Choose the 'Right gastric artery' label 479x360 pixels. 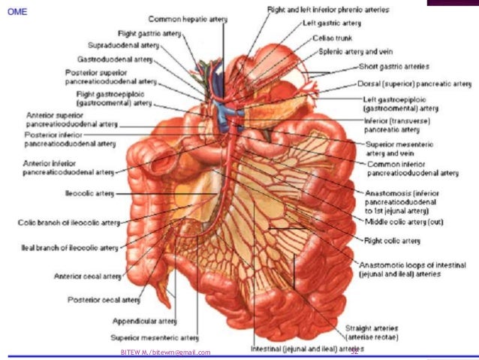pos(149,33)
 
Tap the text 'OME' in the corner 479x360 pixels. pos(15,8)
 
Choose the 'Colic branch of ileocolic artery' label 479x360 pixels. pos(68,222)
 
